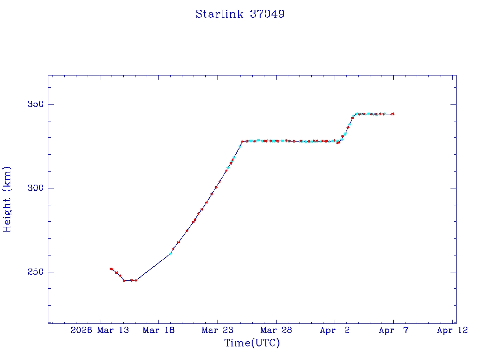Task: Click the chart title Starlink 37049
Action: point(240,14)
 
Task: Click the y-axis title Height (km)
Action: point(7,199)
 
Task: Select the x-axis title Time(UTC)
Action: point(252,343)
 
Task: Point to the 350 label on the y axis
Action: point(34,104)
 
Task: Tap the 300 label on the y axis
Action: point(34,188)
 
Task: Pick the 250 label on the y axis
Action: point(34,272)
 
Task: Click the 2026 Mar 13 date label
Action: point(100,330)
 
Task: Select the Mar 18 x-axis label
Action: point(159,330)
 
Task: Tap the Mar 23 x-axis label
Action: point(217,330)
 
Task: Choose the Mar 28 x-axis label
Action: point(276,330)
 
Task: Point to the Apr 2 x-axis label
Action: point(335,330)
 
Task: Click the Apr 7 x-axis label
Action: point(394,330)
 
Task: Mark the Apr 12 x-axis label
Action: point(452,330)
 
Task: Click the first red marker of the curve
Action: point(111,269)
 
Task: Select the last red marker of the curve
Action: point(393,114)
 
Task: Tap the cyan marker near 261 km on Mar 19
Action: point(170,254)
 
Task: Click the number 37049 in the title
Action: point(267,14)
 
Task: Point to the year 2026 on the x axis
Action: point(81,330)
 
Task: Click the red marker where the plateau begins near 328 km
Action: point(242,141)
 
